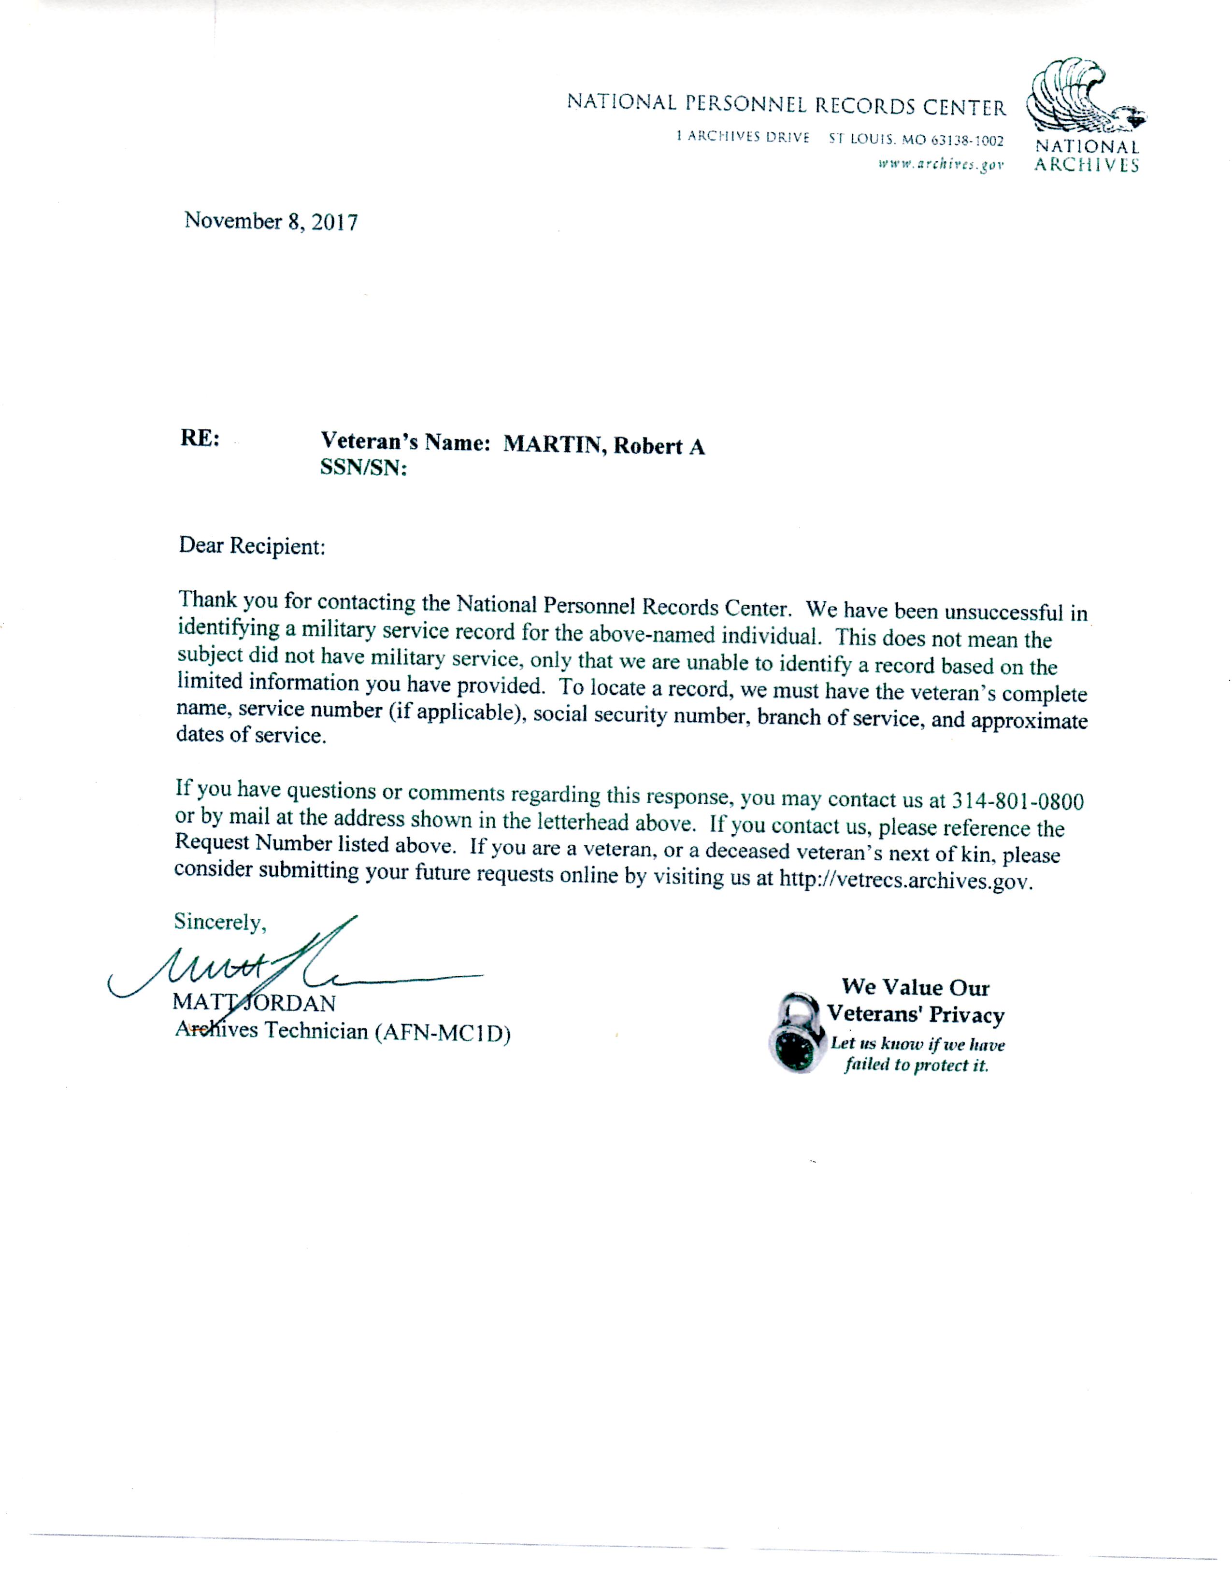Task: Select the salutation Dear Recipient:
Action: click(252, 546)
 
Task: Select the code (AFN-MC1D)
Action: click(442, 1034)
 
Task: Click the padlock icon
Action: click(796, 1031)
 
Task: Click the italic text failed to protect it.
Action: click(916, 1065)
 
